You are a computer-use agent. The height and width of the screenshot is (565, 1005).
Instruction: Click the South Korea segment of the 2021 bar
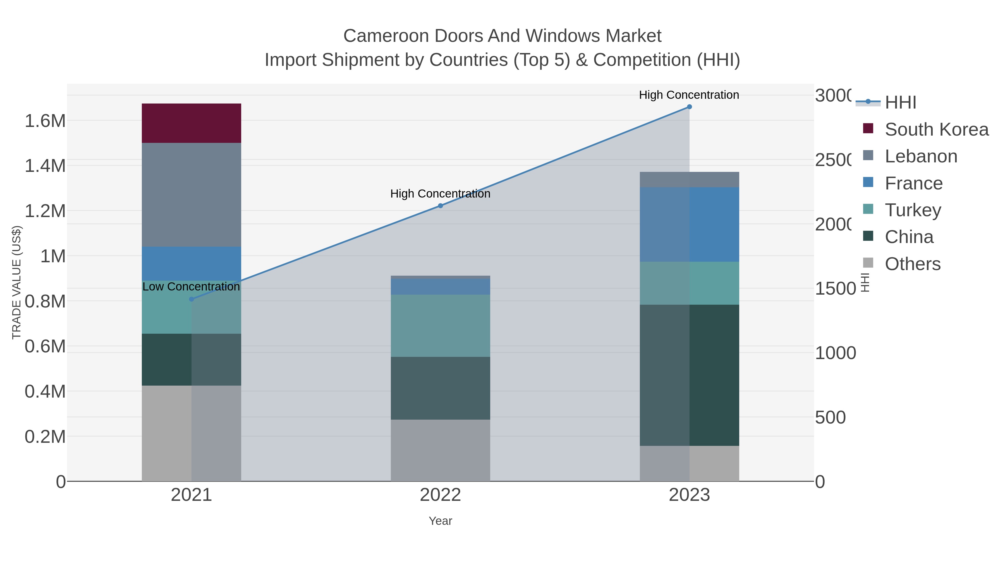pos(191,123)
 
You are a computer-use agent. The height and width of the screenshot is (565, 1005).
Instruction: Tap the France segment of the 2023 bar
pos(689,224)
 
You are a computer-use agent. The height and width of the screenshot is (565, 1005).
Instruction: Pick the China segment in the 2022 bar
pos(440,388)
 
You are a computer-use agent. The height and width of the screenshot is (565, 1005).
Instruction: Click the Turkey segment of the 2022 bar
pos(440,326)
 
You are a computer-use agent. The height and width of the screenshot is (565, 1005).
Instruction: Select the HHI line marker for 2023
pos(689,107)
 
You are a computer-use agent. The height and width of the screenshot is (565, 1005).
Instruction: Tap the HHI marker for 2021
pos(191,299)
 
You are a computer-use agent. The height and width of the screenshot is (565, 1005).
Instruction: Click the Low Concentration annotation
pos(191,287)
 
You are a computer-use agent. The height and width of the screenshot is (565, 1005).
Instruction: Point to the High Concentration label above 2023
pos(689,95)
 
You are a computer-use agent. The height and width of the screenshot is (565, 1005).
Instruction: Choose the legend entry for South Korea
pos(936,129)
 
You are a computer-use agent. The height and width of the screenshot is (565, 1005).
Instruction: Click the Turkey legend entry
pos(913,210)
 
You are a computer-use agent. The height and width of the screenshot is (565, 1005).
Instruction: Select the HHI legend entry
pos(900,103)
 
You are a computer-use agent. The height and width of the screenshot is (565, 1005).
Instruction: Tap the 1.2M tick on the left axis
pos(45,211)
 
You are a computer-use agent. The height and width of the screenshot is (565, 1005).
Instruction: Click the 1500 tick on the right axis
pos(835,288)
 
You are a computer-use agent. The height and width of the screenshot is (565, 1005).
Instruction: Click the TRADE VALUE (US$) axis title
pos(16,282)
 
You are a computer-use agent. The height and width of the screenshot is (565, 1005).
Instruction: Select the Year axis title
pos(440,521)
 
